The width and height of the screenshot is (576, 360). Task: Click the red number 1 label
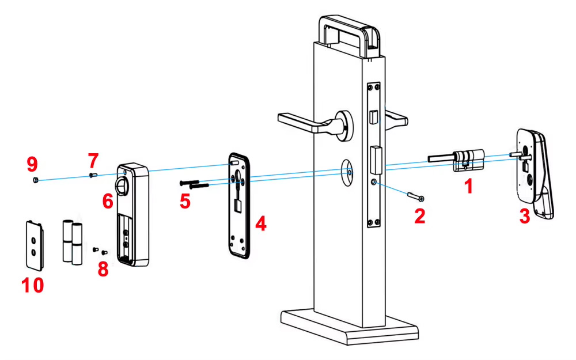coord(469,186)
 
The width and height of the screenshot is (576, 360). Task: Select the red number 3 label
coord(524,217)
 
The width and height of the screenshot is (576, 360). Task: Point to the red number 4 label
coord(261,223)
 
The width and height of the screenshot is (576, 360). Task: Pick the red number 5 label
coord(185,202)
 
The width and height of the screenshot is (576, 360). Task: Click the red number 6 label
coord(108,201)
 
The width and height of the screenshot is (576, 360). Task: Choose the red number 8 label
coord(103,269)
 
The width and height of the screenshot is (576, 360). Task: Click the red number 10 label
coord(32,284)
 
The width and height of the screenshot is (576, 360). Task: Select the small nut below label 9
coord(35,180)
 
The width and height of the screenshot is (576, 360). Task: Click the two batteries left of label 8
coord(72,241)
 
